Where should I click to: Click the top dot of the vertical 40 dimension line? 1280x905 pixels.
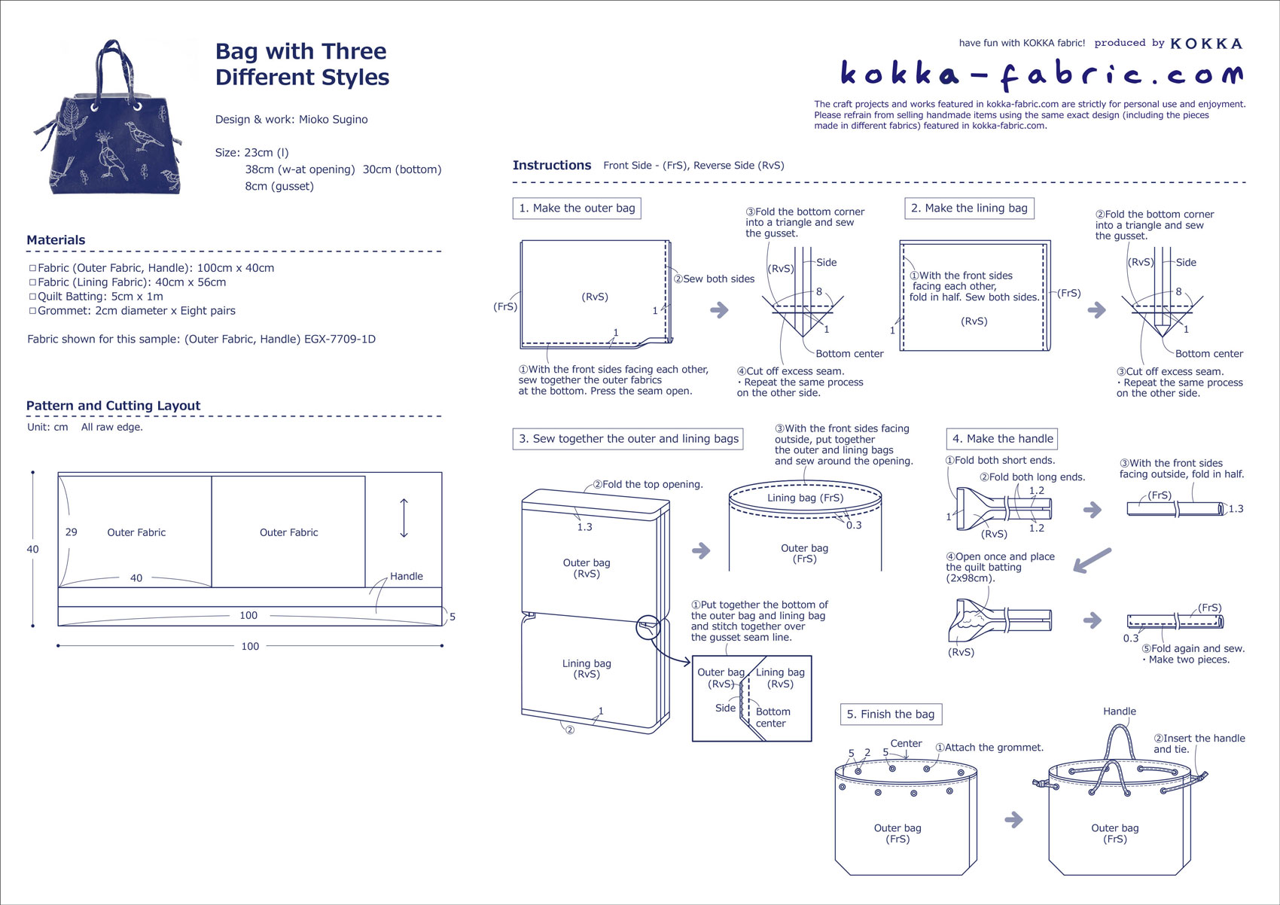pos(32,473)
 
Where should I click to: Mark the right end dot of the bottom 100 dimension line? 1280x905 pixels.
pos(442,645)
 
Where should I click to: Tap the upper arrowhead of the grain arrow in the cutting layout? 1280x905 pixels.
pos(404,501)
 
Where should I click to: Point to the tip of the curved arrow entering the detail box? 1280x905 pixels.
pos(690,662)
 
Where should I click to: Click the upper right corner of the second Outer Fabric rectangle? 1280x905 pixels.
pos(365,477)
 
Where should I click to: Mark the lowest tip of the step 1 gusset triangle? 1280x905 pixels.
pos(803,337)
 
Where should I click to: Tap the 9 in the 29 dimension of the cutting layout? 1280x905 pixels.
pos(75,532)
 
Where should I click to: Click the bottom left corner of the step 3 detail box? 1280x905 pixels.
pos(693,741)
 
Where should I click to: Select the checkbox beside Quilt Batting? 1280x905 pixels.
pos(32,296)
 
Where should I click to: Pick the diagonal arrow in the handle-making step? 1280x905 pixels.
pos(1092,560)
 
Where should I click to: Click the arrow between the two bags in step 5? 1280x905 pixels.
pos(1013,820)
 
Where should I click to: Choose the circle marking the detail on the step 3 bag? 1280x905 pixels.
pos(648,627)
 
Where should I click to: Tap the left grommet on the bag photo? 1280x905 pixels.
pos(95,107)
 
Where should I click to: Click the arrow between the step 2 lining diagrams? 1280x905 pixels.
pos(1096,310)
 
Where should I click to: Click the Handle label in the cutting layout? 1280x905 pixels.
pos(407,576)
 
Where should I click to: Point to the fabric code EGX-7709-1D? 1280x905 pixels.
pos(340,339)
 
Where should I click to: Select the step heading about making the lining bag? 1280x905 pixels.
pos(969,208)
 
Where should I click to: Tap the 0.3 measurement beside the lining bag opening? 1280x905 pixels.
pos(854,525)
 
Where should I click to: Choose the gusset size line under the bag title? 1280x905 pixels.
pos(279,186)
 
